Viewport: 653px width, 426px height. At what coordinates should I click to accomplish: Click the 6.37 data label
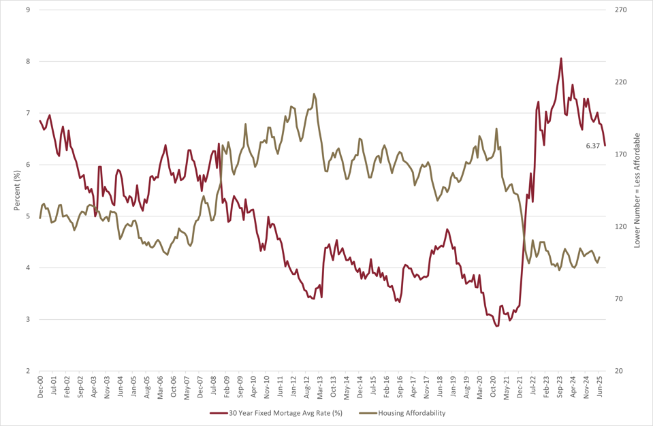(593, 146)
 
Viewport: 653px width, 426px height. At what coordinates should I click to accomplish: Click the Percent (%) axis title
(17, 191)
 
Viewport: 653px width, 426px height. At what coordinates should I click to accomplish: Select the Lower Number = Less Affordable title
(637, 191)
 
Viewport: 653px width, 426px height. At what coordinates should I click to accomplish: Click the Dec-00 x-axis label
(40, 387)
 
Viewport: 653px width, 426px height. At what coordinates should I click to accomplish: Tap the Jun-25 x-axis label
(600, 387)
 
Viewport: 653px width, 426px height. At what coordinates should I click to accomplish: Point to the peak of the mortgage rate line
(561, 59)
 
